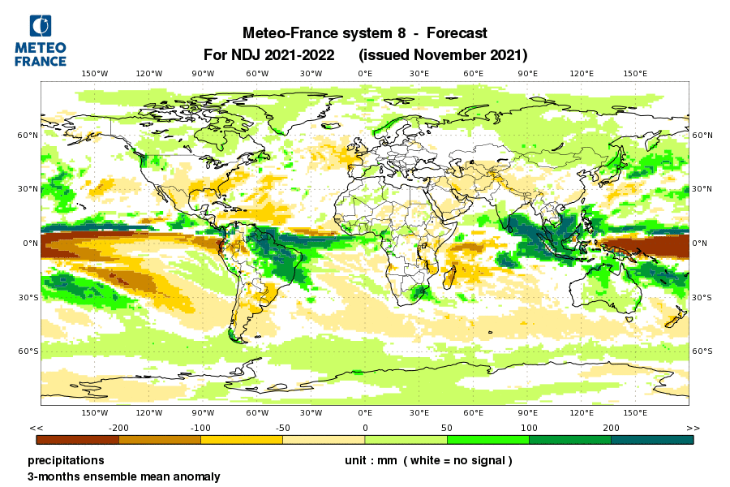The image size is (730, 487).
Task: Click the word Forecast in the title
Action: coord(451,33)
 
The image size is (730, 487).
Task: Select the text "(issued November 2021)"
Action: coord(443,55)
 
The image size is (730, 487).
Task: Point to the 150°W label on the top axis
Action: coord(95,74)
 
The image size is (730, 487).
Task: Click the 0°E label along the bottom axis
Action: coord(365,413)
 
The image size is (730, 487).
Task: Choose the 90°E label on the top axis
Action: coord(527,74)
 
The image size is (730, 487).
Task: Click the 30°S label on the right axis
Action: coord(702,297)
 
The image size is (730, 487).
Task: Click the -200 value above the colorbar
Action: coord(119,428)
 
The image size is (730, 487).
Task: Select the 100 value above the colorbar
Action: coord(529,428)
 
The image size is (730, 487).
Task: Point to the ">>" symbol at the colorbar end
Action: coord(692,428)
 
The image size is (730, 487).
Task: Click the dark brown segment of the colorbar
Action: coord(78,440)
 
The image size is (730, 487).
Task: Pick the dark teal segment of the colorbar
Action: coord(652,440)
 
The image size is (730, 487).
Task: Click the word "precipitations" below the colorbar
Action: coord(66,460)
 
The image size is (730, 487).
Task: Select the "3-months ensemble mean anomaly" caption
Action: coord(123,476)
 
